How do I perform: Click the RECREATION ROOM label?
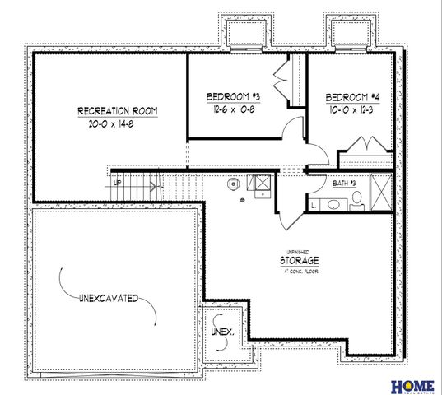pos(118,112)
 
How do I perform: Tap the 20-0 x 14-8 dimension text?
pos(117,125)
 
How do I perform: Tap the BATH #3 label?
pos(344,183)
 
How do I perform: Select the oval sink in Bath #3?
pos(337,202)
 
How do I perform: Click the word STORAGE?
pos(297,260)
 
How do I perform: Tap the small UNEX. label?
pos(223,332)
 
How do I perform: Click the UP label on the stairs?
pos(119,183)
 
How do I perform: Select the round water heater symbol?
pos(235,184)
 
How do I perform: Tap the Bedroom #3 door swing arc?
pos(291,132)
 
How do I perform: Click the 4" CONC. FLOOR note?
pos(297,270)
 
